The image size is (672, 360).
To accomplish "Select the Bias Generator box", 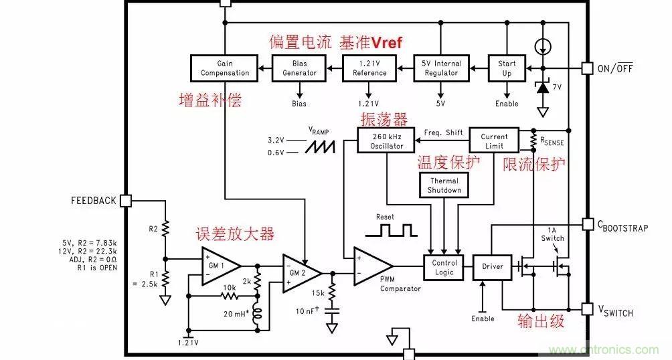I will tap(299, 68).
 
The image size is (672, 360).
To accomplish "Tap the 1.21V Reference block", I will tap(369, 68).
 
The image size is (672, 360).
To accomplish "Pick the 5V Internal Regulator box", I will tap(440, 68).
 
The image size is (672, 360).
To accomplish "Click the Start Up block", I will tap(507, 68).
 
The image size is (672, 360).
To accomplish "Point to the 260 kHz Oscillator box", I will tap(381, 141).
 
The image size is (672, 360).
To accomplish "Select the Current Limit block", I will tap(494, 141).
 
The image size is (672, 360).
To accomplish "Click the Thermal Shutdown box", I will tap(444, 185).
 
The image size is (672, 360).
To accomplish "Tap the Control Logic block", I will tap(444, 268).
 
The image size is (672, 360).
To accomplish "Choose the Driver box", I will tap(492, 267).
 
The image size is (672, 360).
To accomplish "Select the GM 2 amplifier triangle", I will tap(299, 272).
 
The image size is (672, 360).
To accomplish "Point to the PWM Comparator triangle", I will tap(370, 264).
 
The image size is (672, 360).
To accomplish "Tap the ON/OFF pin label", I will tap(615, 69).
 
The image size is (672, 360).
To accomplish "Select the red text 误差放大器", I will tap(234, 234).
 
